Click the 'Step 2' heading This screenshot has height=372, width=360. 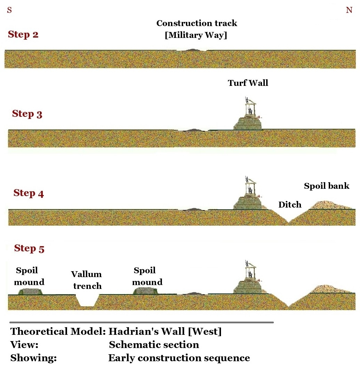(x=23, y=35)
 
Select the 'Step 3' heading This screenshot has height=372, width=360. (x=27, y=114)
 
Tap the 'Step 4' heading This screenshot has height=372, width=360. (x=28, y=193)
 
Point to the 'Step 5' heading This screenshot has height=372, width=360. (x=29, y=249)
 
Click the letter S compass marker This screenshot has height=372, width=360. (x=9, y=10)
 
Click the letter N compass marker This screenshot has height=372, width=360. (x=349, y=10)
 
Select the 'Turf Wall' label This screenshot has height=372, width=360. (x=248, y=83)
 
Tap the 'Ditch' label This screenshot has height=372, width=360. (x=290, y=205)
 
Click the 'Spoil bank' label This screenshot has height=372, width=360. (x=326, y=186)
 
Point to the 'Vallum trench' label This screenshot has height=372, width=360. (x=87, y=280)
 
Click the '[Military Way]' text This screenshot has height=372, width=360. (x=196, y=35)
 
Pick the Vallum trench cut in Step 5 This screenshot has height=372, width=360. (x=87, y=301)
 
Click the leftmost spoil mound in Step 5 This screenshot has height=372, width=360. (x=31, y=291)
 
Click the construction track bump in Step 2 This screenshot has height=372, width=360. (x=191, y=50)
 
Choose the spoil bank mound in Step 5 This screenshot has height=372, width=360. (x=328, y=289)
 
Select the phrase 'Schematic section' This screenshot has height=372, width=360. (x=154, y=345)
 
